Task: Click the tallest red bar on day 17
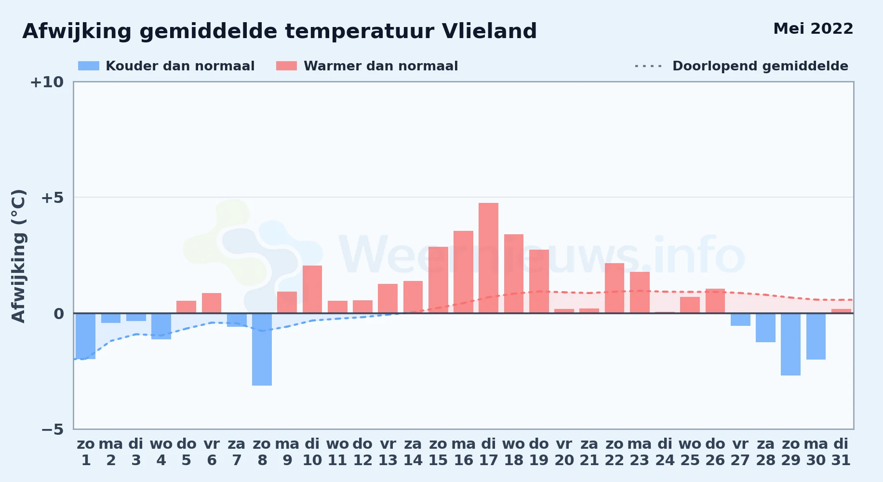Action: [488, 258]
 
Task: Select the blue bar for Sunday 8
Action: [262, 349]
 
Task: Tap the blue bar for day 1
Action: [86, 336]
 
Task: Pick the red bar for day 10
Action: [312, 289]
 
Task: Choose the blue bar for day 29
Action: [790, 344]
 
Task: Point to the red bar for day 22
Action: [615, 288]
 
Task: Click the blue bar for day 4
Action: [161, 326]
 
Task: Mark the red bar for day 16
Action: [463, 272]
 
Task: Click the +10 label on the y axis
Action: [47, 82]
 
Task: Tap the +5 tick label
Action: [53, 198]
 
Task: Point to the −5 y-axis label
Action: [53, 429]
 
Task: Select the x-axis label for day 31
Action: [841, 452]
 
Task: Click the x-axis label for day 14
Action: [413, 452]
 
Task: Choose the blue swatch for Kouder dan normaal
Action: [89, 66]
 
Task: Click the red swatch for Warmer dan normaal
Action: [286, 66]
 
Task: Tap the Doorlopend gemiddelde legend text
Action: [760, 66]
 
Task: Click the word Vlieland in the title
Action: [489, 31]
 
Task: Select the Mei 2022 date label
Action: [813, 29]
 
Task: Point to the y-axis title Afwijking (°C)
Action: [18, 255]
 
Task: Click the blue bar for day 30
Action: [816, 336]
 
